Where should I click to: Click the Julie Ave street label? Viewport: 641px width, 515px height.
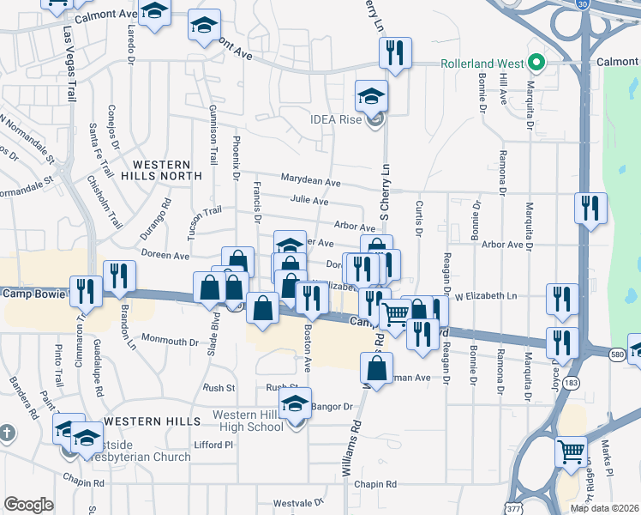tap(309, 201)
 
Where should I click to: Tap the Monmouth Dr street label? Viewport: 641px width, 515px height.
tap(170, 341)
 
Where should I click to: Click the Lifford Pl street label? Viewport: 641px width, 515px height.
tap(213, 445)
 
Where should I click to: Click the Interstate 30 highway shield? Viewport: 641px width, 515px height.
tap(583, 5)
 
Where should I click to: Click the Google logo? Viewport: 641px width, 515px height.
tap(28, 505)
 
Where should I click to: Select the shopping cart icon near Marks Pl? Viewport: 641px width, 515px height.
tap(571, 450)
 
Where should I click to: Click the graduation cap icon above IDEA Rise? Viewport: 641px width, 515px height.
tap(371, 95)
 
